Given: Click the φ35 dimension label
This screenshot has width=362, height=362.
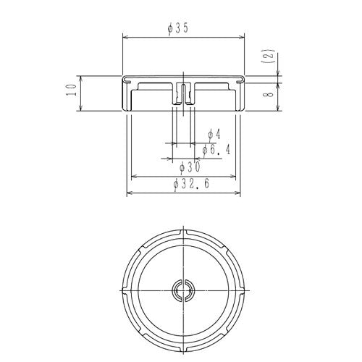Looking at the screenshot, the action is (177, 29).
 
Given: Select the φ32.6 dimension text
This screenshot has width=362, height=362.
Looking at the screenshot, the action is (191, 185).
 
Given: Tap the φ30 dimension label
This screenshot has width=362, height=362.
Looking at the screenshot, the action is (190, 167).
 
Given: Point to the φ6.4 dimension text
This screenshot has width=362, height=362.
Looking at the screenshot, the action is (216, 151).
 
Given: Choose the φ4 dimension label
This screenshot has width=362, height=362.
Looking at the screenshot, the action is (214, 135).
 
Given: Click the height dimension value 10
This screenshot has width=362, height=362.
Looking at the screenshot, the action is (72, 90).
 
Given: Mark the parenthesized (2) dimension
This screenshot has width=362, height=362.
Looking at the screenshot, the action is (270, 56).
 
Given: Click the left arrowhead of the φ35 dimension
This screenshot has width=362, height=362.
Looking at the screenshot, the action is (125, 37).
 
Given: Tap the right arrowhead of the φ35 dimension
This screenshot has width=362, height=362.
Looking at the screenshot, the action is (242, 37).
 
